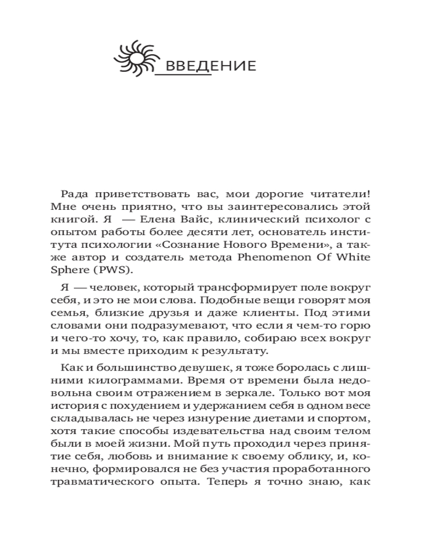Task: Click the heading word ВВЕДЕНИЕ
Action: pos(210,67)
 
